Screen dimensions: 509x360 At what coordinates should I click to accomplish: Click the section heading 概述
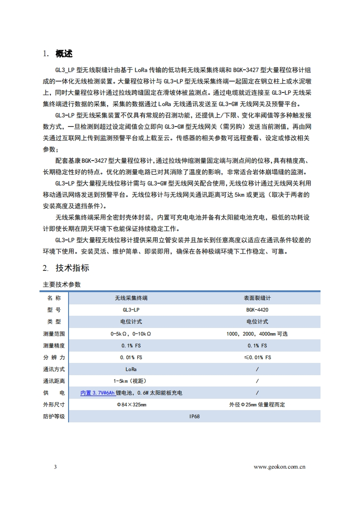click(x=64, y=54)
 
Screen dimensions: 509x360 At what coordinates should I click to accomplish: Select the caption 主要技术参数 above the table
click(x=62, y=284)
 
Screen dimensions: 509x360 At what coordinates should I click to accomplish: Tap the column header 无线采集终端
click(x=131, y=298)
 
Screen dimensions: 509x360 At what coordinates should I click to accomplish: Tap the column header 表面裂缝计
click(x=257, y=298)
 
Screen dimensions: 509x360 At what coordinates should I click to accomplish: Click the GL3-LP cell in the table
click(x=131, y=310)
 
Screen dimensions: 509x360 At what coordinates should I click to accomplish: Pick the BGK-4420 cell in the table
click(x=257, y=310)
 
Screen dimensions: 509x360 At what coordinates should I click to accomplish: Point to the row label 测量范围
click(x=54, y=334)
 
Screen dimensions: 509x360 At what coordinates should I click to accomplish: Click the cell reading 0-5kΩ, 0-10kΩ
click(x=131, y=334)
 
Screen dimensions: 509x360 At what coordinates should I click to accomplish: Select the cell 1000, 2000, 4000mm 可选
click(x=257, y=334)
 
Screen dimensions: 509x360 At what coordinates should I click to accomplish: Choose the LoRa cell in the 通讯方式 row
click(x=131, y=369)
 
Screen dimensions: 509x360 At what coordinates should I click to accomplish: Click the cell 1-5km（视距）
click(x=131, y=381)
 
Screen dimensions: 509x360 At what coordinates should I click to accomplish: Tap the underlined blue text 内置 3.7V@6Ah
click(x=97, y=393)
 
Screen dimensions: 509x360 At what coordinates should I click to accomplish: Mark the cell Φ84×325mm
click(x=131, y=405)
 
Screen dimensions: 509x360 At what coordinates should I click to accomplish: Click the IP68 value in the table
click(x=194, y=416)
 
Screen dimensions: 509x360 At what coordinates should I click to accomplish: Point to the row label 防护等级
click(x=54, y=416)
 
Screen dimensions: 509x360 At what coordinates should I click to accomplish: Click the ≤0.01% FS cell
click(x=257, y=357)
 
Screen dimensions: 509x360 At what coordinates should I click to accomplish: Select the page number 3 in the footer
click(x=55, y=467)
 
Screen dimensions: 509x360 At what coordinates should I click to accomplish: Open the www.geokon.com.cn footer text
click(x=280, y=467)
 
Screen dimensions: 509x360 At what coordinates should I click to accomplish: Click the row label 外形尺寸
click(x=54, y=405)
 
